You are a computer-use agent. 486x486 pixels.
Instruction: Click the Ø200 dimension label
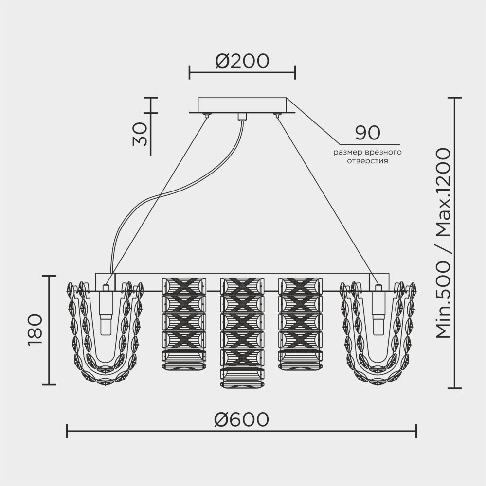(242, 61)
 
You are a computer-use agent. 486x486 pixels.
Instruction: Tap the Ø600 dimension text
(242, 419)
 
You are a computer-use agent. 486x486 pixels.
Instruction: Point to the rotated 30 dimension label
(139, 134)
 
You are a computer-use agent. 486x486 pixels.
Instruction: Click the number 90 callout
(367, 132)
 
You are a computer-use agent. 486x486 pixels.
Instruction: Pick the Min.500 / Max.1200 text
(443, 243)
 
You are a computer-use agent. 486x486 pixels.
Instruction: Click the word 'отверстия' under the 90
(367, 160)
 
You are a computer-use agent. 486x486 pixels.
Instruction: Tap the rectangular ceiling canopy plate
(242, 105)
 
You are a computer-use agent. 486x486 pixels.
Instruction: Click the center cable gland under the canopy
(241, 116)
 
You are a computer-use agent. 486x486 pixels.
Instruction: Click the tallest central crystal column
(242, 333)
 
